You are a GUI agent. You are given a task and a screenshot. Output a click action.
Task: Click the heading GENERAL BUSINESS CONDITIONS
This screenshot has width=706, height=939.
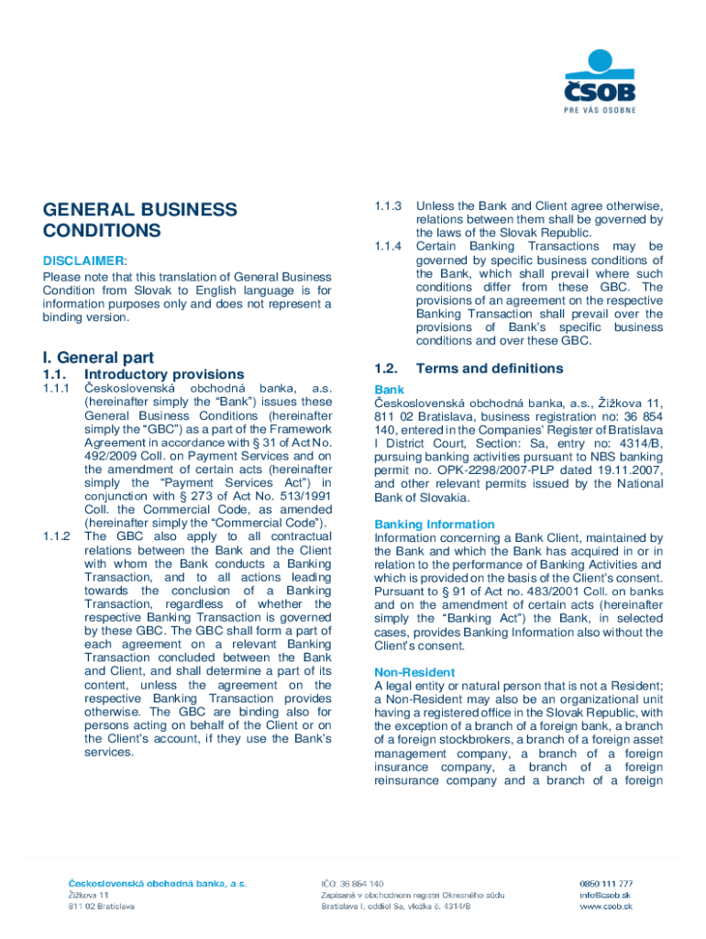[x=139, y=220]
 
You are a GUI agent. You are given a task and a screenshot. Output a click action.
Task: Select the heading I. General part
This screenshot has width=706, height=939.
[x=97, y=358]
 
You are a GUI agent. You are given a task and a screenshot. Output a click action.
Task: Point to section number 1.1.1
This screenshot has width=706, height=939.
[x=57, y=389]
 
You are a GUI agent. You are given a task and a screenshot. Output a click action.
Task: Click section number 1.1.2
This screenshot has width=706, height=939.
[x=57, y=536]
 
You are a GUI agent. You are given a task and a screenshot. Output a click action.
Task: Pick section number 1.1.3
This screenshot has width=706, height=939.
[x=389, y=206]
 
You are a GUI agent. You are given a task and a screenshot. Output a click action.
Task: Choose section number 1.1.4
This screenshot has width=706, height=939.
[x=389, y=247]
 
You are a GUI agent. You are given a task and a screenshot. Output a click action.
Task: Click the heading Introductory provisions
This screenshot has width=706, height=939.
[x=164, y=374]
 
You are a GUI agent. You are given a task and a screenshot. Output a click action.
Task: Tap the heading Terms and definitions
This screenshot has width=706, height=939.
[x=489, y=369]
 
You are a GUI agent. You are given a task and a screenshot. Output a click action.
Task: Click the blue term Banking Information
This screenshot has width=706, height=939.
[x=434, y=525]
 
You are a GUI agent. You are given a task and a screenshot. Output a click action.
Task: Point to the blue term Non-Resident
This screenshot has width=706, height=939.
[x=414, y=673]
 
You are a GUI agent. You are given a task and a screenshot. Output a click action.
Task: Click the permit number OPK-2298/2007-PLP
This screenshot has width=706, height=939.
[x=475, y=469]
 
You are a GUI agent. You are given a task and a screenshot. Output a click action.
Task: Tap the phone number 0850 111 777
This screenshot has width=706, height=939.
[x=605, y=884]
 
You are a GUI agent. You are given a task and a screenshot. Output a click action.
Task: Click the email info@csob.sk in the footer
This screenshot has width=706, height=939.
[x=604, y=895]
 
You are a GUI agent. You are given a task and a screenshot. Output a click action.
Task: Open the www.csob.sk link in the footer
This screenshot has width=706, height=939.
[x=606, y=906]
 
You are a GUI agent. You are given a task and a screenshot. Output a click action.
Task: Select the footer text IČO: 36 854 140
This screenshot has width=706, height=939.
[x=352, y=884]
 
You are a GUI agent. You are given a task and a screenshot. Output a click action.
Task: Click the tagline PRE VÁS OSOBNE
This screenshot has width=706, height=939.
[x=600, y=111]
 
